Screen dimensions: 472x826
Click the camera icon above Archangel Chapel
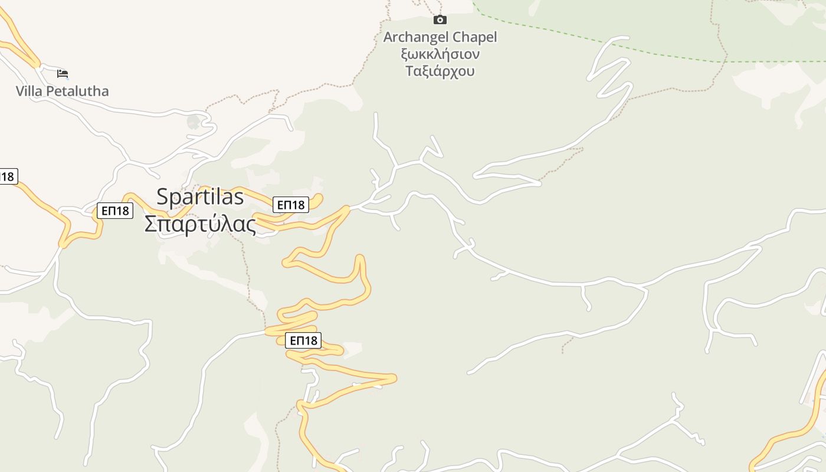click(440, 20)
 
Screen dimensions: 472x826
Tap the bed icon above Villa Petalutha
click(63, 74)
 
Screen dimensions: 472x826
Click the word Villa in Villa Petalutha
click(28, 91)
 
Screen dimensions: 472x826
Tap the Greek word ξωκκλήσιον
click(440, 54)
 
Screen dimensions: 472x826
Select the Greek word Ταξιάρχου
click(440, 71)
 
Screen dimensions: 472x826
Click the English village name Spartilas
click(200, 197)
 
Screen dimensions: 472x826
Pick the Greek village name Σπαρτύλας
click(201, 224)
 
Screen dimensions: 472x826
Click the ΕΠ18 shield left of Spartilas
click(115, 211)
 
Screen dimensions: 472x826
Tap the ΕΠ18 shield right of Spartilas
click(291, 205)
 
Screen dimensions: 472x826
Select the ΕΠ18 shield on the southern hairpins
click(303, 340)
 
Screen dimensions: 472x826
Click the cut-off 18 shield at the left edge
click(8, 176)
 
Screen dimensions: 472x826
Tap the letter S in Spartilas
click(162, 197)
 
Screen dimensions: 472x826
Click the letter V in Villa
click(21, 91)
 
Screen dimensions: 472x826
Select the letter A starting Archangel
click(388, 37)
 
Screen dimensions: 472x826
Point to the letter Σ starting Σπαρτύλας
click(150, 224)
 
